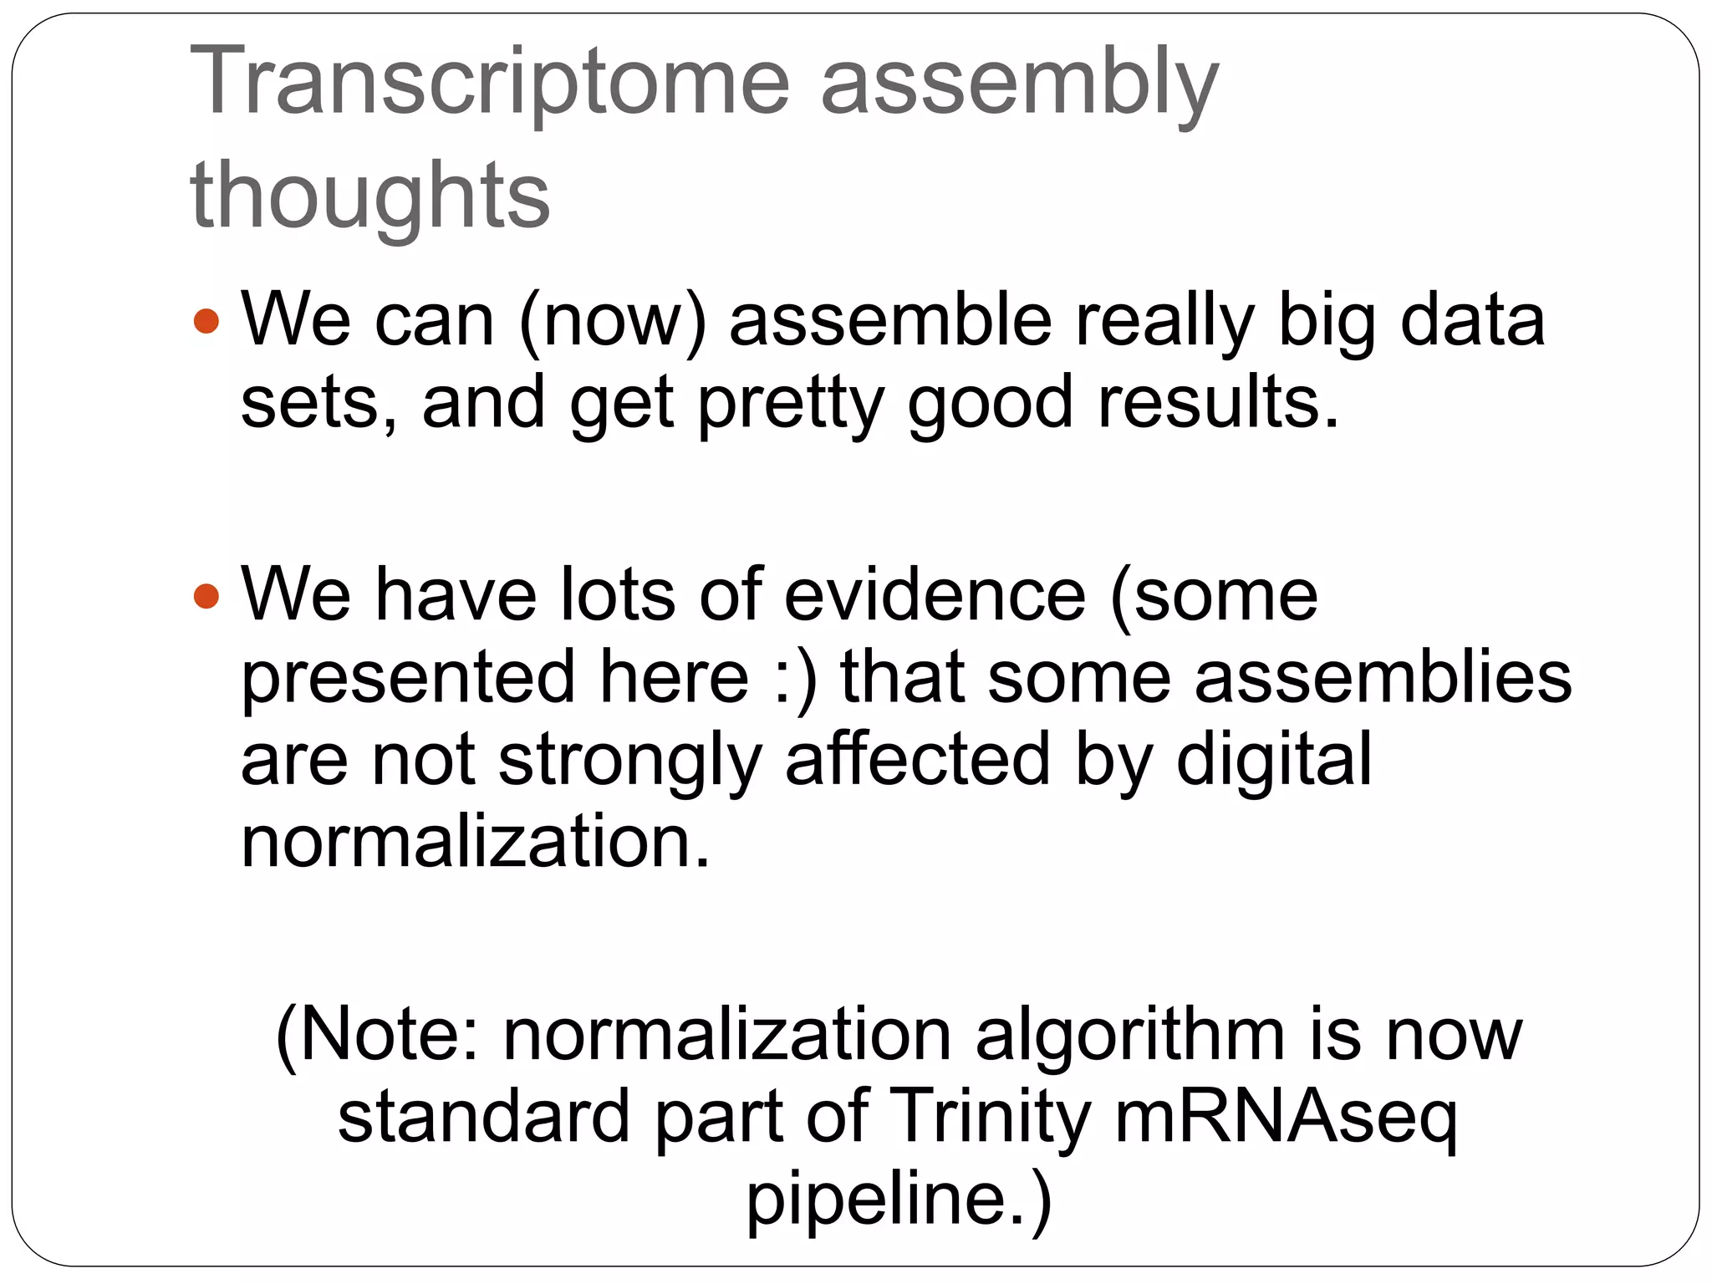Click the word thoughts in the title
(369, 196)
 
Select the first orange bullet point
(206, 321)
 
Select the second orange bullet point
(206, 597)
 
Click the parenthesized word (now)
(613, 321)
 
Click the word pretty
(791, 403)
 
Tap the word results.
(1218, 403)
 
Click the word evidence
(935, 595)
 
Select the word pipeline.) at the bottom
(899, 1199)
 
